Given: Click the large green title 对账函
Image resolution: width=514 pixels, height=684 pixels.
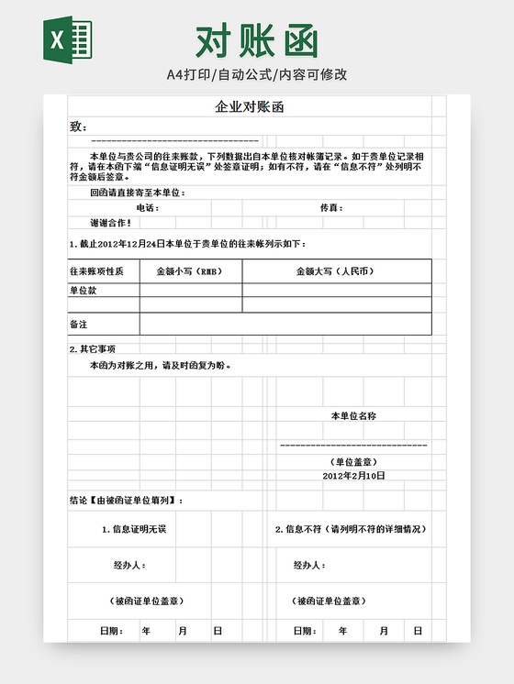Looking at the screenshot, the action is click(257, 39).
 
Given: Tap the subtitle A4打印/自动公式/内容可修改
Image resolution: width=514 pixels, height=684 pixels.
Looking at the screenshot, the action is click(257, 74).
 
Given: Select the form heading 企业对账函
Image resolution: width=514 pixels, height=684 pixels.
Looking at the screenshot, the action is click(250, 107).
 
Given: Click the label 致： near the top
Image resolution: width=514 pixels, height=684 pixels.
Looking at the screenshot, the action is click(78, 127).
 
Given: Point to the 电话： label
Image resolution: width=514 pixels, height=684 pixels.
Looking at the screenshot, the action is click(147, 208).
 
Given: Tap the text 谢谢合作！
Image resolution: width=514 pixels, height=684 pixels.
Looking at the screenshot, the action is click(110, 223).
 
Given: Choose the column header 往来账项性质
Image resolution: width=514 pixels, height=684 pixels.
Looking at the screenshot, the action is click(103, 271).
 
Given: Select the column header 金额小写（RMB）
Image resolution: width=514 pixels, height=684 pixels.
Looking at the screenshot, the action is click(189, 271).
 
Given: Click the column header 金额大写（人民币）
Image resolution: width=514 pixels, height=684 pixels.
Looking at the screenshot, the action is click(336, 271).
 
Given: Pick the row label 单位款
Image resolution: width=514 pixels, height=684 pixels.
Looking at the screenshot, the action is click(84, 290).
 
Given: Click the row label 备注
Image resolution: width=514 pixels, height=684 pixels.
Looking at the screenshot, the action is click(79, 325).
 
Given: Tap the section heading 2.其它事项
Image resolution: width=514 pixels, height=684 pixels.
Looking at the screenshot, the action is click(93, 349).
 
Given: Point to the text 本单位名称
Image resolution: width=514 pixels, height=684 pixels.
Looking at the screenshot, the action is click(352, 416).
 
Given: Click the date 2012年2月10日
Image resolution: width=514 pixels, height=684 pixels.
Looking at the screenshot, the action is click(353, 476).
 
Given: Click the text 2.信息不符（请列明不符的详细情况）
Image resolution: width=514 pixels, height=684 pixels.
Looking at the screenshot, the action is click(351, 529).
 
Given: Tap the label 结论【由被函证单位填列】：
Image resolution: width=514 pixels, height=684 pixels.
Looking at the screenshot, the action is click(127, 501).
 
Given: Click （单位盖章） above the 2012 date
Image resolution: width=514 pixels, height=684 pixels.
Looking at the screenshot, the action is click(352, 462).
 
